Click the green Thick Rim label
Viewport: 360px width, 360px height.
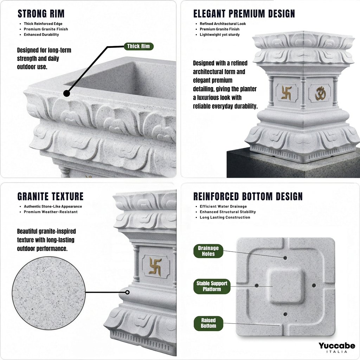coord(139,46)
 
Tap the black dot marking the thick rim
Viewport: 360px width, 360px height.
coord(66,94)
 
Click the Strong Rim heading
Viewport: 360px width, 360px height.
coord(41,14)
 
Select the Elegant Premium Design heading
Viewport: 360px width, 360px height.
coord(244,14)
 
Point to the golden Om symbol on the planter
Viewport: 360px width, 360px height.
coord(320,93)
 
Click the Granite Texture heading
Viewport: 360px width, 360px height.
coord(51,197)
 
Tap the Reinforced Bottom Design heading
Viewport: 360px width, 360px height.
coord(248,197)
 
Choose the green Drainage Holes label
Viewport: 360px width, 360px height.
coord(208,251)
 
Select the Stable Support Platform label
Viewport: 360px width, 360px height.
coord(212,286)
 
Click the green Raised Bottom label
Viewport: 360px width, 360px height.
coord(208,323)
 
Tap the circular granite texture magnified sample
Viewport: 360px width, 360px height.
coord(49,293)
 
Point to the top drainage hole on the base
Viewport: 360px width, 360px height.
coord(285,258)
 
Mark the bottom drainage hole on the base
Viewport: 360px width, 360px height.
coord(285,314)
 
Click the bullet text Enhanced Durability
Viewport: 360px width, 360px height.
coord(41,35)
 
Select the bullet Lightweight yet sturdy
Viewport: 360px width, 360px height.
coord(220,35)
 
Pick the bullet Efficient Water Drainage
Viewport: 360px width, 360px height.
coord(223,206)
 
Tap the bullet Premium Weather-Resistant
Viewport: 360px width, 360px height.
coord(51,212)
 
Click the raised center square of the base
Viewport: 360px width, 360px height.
coord(285,286)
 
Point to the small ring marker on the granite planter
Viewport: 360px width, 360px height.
coord(127,292)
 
